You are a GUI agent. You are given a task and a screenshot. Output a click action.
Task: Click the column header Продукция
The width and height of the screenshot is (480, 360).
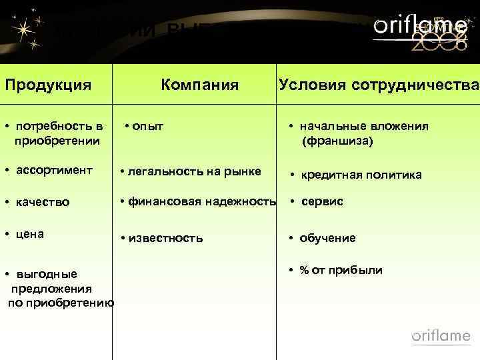(47, 85)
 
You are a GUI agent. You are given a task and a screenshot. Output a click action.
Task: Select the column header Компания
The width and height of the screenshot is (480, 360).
(199, 85)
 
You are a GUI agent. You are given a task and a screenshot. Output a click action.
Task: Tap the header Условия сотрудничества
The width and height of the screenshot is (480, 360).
(379, 85)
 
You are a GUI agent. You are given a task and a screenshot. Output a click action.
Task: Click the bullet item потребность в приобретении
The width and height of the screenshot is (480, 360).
(57, 133)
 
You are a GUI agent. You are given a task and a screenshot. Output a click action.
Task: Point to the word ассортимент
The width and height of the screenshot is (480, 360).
(54, 170)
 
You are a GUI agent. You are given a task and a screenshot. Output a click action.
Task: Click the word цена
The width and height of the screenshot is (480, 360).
(30, 234)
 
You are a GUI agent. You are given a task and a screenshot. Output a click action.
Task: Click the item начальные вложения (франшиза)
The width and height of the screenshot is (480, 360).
(363, 133)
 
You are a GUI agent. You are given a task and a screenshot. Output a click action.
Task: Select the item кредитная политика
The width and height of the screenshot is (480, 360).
(360, 175)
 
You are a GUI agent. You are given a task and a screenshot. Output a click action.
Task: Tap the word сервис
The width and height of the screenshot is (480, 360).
(321, 201)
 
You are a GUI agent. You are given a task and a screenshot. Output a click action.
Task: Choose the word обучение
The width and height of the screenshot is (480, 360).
(327, 238)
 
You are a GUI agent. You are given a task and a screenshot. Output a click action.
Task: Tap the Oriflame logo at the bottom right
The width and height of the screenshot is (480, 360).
(441, 335)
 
